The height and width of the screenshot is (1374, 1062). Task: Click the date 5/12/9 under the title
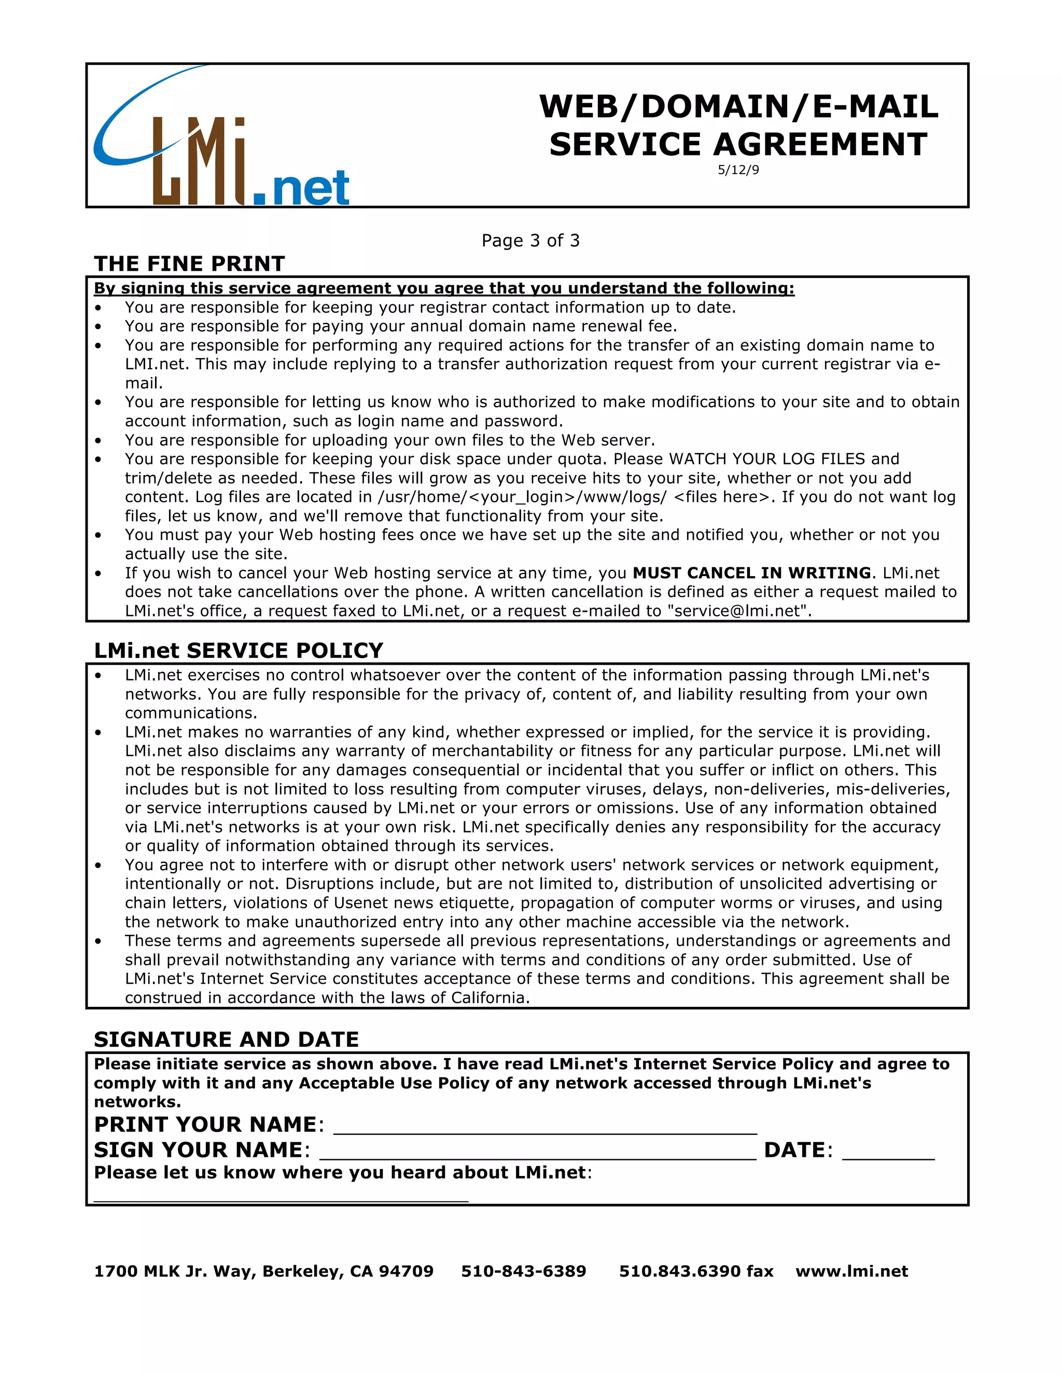[x=738, y=170]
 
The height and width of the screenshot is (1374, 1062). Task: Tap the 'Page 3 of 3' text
[x=530, y=241]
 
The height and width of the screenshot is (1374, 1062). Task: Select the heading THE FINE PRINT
[x=189, y=263]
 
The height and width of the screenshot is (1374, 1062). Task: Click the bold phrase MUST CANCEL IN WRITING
[x=752, y=573]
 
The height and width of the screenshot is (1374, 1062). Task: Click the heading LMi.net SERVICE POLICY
[x=239, y=651]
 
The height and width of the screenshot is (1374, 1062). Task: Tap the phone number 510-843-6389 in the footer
[x=523, y=1271]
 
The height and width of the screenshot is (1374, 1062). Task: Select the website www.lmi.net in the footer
[x=851, y=1271]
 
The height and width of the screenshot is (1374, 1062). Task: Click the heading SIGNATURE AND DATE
[x=227, y=1039]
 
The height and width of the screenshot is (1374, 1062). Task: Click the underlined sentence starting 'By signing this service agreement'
[x=444, y=289]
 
